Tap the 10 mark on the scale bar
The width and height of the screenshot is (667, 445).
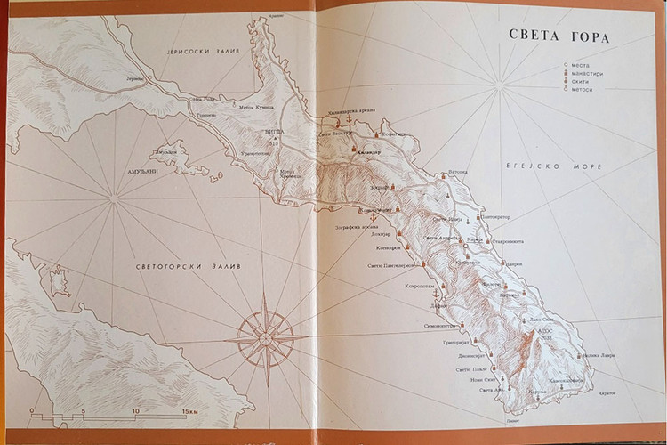tap(135, 411)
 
